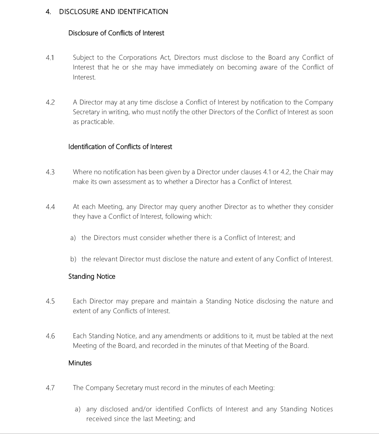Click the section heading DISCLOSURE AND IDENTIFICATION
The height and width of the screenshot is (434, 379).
pos(113,12)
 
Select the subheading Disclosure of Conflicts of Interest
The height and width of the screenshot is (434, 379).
pos(116,33)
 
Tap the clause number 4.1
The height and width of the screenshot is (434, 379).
pos(50,58)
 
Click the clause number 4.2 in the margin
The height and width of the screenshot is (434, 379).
pos(50,102)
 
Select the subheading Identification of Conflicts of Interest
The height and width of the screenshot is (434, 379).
pos(120,147)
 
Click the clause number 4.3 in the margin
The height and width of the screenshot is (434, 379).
pos(50,172)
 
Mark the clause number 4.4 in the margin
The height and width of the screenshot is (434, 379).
pos(50,207)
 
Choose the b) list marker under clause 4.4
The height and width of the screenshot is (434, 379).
pos(73,259)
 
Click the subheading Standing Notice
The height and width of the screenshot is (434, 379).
pos(92,277)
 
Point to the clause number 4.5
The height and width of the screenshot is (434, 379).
pos(50,301)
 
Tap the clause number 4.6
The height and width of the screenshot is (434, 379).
pos(50,336)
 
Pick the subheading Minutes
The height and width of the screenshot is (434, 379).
pos(80,363)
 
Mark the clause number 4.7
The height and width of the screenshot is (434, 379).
pos(50,388)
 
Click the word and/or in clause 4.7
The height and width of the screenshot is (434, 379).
pos(142,409)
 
